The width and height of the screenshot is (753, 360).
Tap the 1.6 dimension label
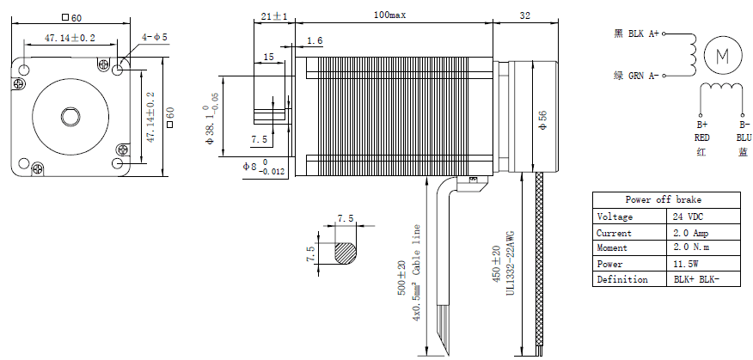315,40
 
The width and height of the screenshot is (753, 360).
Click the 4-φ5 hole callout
156,37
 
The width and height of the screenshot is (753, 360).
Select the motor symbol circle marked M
722,56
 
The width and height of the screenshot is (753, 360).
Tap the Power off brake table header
662,200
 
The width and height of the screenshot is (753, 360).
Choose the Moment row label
615,248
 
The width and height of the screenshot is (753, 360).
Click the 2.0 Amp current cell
691,233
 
